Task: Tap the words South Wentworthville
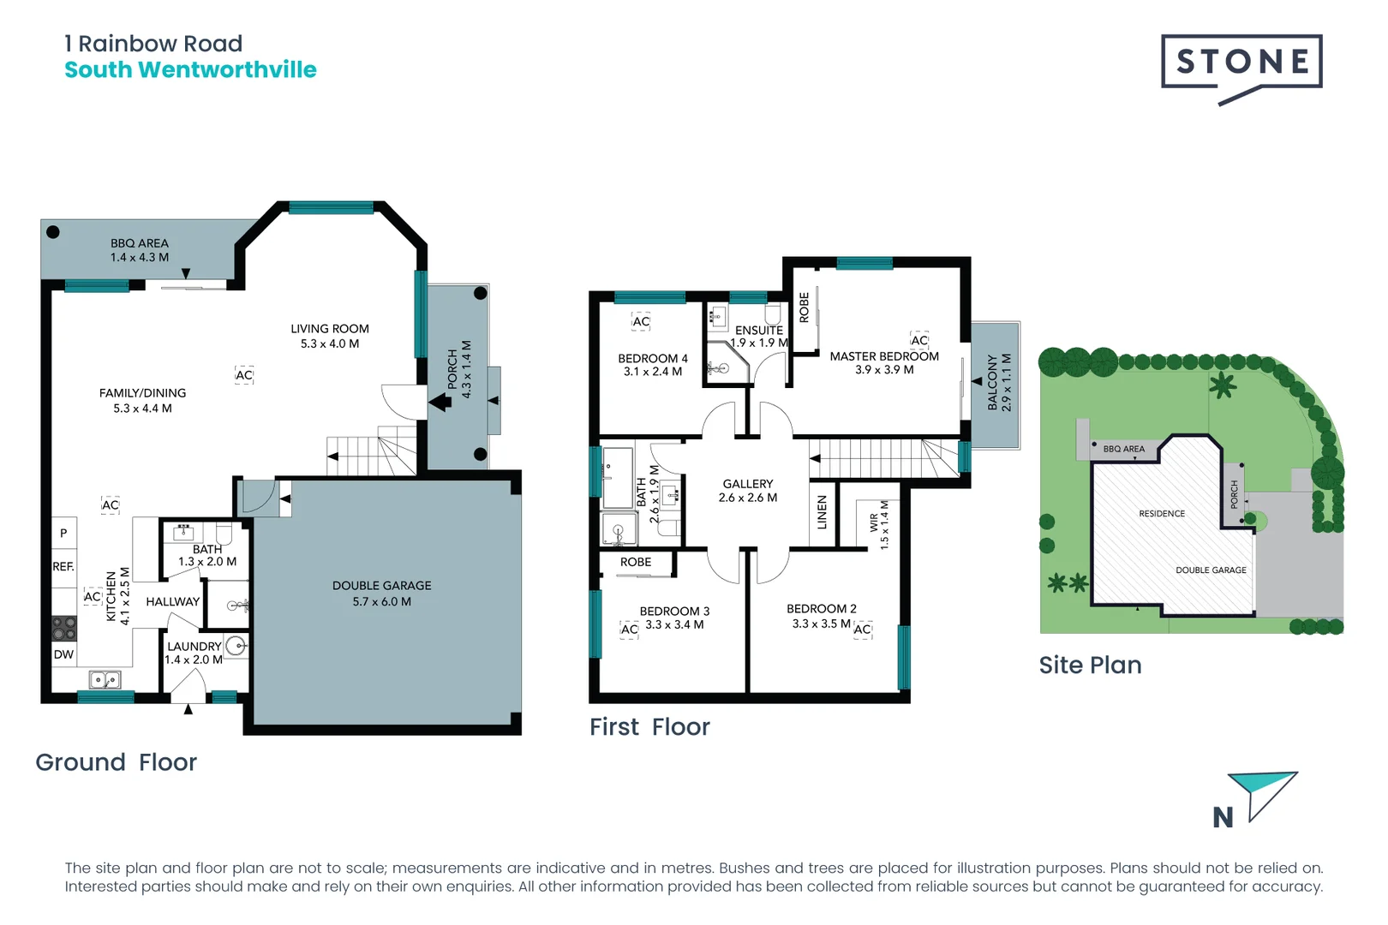click(x=190, y=70)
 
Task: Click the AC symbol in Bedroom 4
click(x=641, y=322)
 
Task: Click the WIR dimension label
click(x=879, y=523)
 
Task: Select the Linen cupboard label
click(x=823, y=512)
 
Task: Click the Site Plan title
click(x=1090, y=665)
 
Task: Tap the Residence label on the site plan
click(x=1162, y=514)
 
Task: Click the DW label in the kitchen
click(x=64, y=654)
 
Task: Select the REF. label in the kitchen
click(x=63, y=567)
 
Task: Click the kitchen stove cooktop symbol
click(x=64, y=629)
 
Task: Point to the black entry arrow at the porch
click(x=440, y=401)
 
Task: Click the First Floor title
click(x=649, y=727)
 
